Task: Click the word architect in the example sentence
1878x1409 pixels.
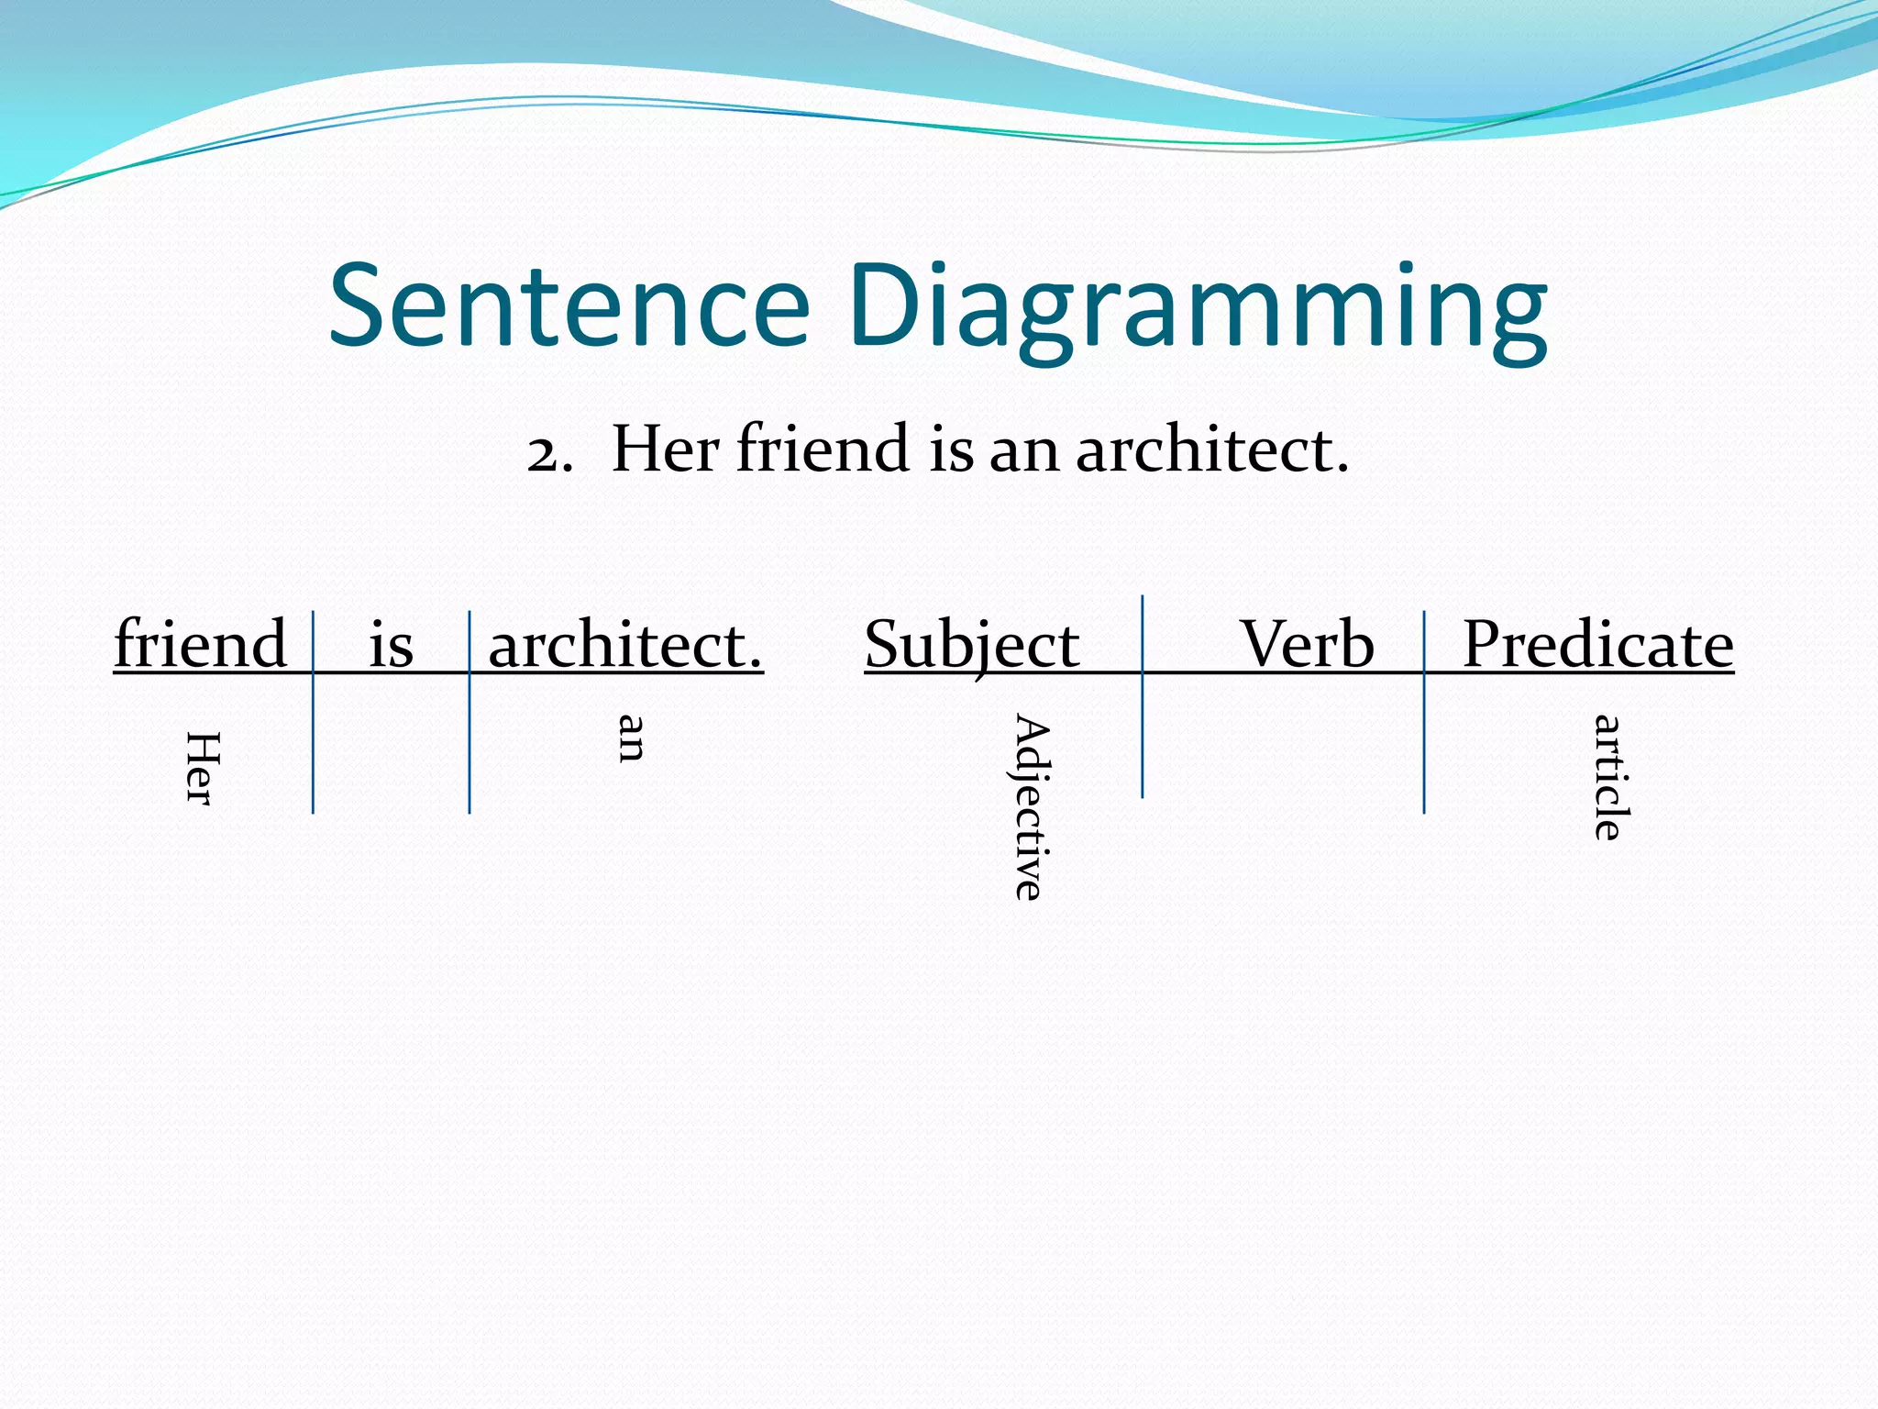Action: pos(1210,449)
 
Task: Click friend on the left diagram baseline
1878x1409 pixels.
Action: pos(201,643)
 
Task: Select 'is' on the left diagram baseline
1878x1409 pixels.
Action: pos(392,644)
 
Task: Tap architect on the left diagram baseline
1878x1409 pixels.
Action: pos(624,644)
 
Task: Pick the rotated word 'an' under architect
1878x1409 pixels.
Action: pos(631,738)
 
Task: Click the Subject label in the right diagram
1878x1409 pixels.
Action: pos(972,645)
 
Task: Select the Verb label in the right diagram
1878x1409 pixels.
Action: pos(1307,644)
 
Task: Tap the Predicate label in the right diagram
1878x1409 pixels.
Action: pos(1597,644)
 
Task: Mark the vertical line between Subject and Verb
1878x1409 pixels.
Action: pos(1142,734)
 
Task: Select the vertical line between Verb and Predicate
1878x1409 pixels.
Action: pos(1424,743)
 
